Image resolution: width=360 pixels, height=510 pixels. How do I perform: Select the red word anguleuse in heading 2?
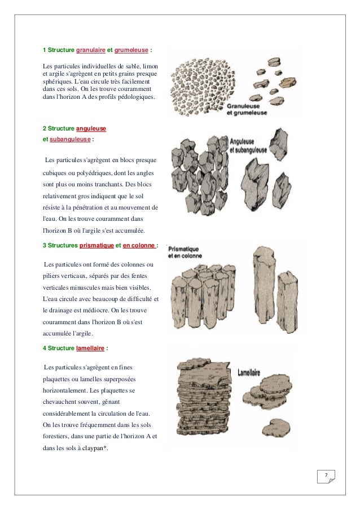tap(91, 129)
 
